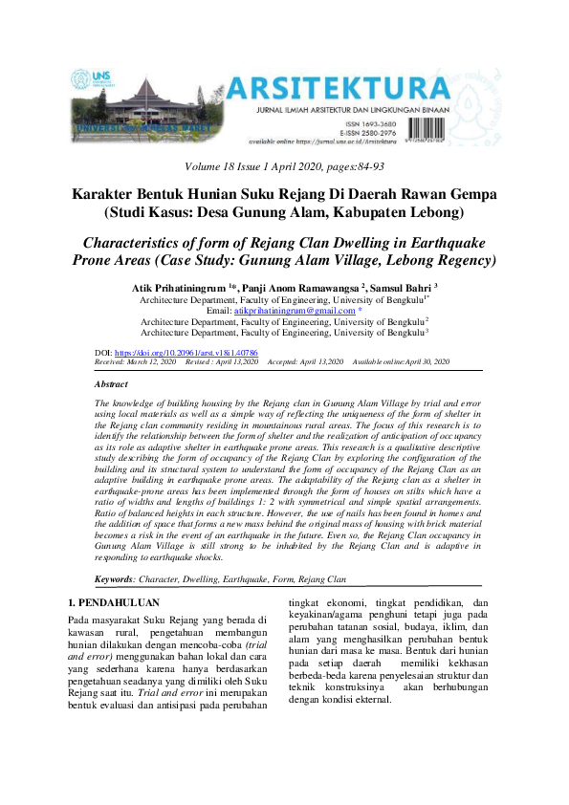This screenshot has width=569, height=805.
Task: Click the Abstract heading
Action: (113, 382)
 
